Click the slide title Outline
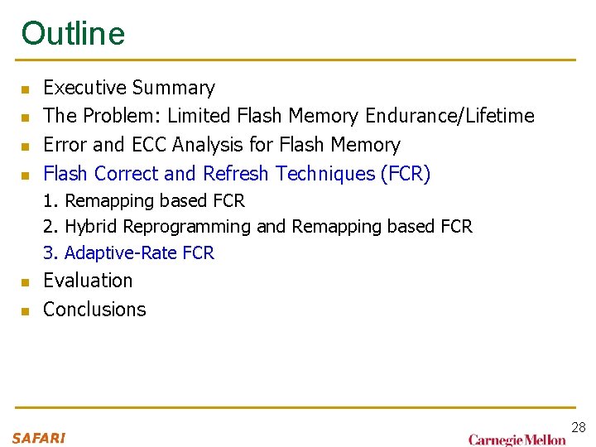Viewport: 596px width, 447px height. [x=73, y=33]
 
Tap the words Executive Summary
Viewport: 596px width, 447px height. [x=128, y=88]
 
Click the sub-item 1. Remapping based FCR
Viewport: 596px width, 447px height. [x=144, y=201]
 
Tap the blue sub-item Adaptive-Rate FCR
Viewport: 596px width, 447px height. [x=138, y=253]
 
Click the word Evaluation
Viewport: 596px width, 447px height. [x=88, y=281]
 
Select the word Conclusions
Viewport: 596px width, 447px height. [x=94, y=310]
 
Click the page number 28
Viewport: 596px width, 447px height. [x=578, y=427]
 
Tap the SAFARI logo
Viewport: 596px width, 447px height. [x=38, y=438]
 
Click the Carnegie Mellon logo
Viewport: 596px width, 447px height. [x=517, y=440]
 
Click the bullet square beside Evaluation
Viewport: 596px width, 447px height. [x=26, y=282]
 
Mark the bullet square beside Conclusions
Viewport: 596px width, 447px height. [x=26, y=311]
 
